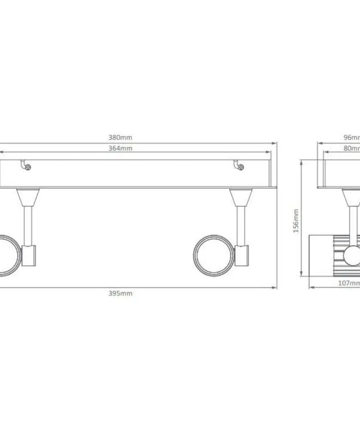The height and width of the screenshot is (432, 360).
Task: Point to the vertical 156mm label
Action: coord(296,220)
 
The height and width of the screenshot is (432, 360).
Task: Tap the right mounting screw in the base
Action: coord(239,165)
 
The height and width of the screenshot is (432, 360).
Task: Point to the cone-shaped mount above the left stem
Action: coord(28,196)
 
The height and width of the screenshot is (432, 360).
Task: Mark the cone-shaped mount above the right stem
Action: coord(241,196)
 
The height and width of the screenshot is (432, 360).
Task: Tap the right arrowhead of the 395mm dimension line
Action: coord(275,287)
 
